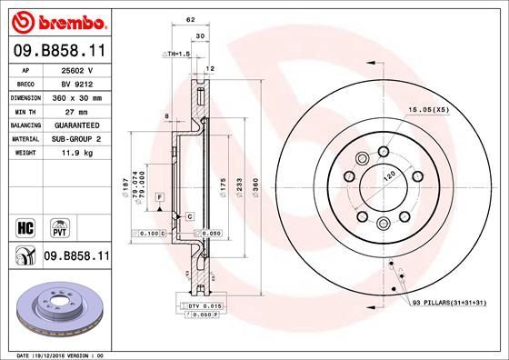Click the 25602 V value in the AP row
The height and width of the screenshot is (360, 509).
point(78,69)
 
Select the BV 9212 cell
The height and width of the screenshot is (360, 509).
point(78,83)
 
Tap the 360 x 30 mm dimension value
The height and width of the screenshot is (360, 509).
point(78,96)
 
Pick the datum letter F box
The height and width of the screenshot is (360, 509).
point(158,197)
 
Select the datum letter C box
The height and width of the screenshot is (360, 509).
point(189,215)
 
